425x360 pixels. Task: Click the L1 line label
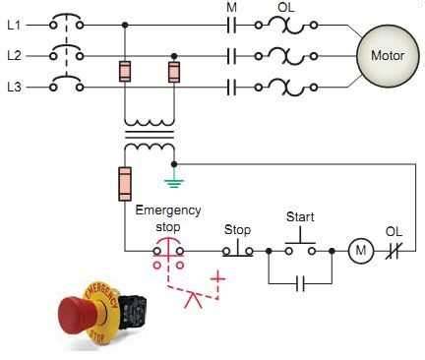(14, 25)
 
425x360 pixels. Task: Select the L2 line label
(14, 56)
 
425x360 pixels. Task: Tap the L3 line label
(14, 87)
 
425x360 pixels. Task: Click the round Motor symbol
(388, 55)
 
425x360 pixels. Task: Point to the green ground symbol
(174, 182)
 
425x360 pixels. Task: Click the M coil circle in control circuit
(361, 251)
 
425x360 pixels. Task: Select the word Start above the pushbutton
(300, 217)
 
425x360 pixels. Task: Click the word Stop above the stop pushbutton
(237, 230)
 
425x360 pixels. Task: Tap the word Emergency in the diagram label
(168, 210)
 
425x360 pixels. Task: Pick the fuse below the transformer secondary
(125, 184)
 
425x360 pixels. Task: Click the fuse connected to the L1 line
(125, 71)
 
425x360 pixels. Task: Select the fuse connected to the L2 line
(174, 72)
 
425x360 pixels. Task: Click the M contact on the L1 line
(231, 25)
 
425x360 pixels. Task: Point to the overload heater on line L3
(286, 88)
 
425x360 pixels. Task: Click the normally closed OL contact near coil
(394, 251)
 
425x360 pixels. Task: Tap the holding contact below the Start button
(300, 283)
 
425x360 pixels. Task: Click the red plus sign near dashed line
(218, 278)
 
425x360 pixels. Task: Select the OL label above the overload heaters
(286, 7)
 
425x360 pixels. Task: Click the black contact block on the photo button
(132, 312)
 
